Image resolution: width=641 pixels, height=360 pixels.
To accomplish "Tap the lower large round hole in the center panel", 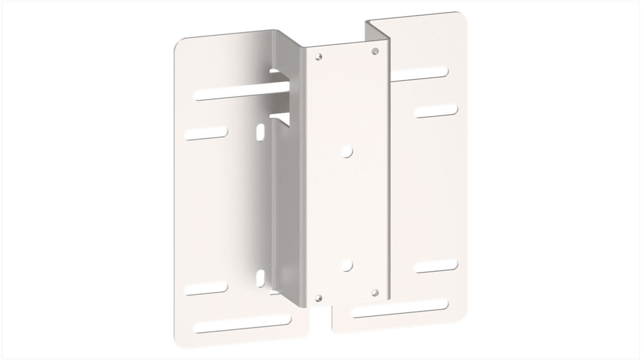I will click(346, 265).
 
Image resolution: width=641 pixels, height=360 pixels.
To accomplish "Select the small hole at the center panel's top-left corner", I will click(319, 57).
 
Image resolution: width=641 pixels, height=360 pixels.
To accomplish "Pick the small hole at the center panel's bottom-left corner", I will click(319, 298).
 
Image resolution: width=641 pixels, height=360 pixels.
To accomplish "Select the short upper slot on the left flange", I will click(205, 133).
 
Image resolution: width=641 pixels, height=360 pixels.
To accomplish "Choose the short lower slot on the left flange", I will click(205, 288).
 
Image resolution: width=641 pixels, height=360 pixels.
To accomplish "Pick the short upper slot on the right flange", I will click(436, 111).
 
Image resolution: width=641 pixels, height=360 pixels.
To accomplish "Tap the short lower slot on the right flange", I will click(436, 265).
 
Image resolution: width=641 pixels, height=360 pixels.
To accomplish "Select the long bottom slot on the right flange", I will click(399, 308).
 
